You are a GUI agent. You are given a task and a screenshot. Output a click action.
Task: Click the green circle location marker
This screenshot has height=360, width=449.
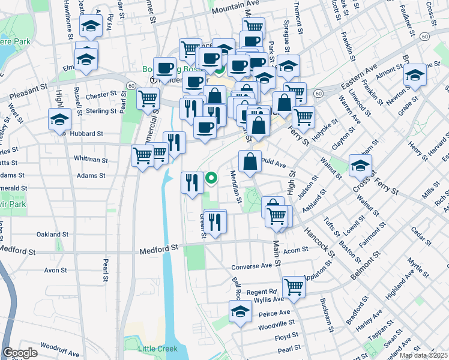click(211, 178)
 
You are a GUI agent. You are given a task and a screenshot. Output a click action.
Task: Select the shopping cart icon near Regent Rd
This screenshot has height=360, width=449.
click(294, 287)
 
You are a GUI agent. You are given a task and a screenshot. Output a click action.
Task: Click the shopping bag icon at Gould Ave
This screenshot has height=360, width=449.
click(250, 161)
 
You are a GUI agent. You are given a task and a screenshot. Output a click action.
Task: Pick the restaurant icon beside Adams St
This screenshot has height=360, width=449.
click(192, 182)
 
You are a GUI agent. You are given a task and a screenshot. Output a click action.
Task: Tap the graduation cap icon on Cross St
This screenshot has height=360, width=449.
click(360, 166)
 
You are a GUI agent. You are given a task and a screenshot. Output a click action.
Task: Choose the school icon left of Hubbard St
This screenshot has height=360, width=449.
click(60, 119)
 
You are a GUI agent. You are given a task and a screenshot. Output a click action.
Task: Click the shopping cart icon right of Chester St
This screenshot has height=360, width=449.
click(148, 98)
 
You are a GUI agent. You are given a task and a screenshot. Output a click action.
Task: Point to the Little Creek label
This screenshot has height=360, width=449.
click(155, 348)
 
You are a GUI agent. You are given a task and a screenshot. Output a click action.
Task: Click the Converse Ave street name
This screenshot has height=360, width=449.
click(252, 266)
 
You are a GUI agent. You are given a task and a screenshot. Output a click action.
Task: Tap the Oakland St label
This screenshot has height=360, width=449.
click(52, 234)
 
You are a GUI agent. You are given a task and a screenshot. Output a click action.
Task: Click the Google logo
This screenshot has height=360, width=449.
click(20, 353)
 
